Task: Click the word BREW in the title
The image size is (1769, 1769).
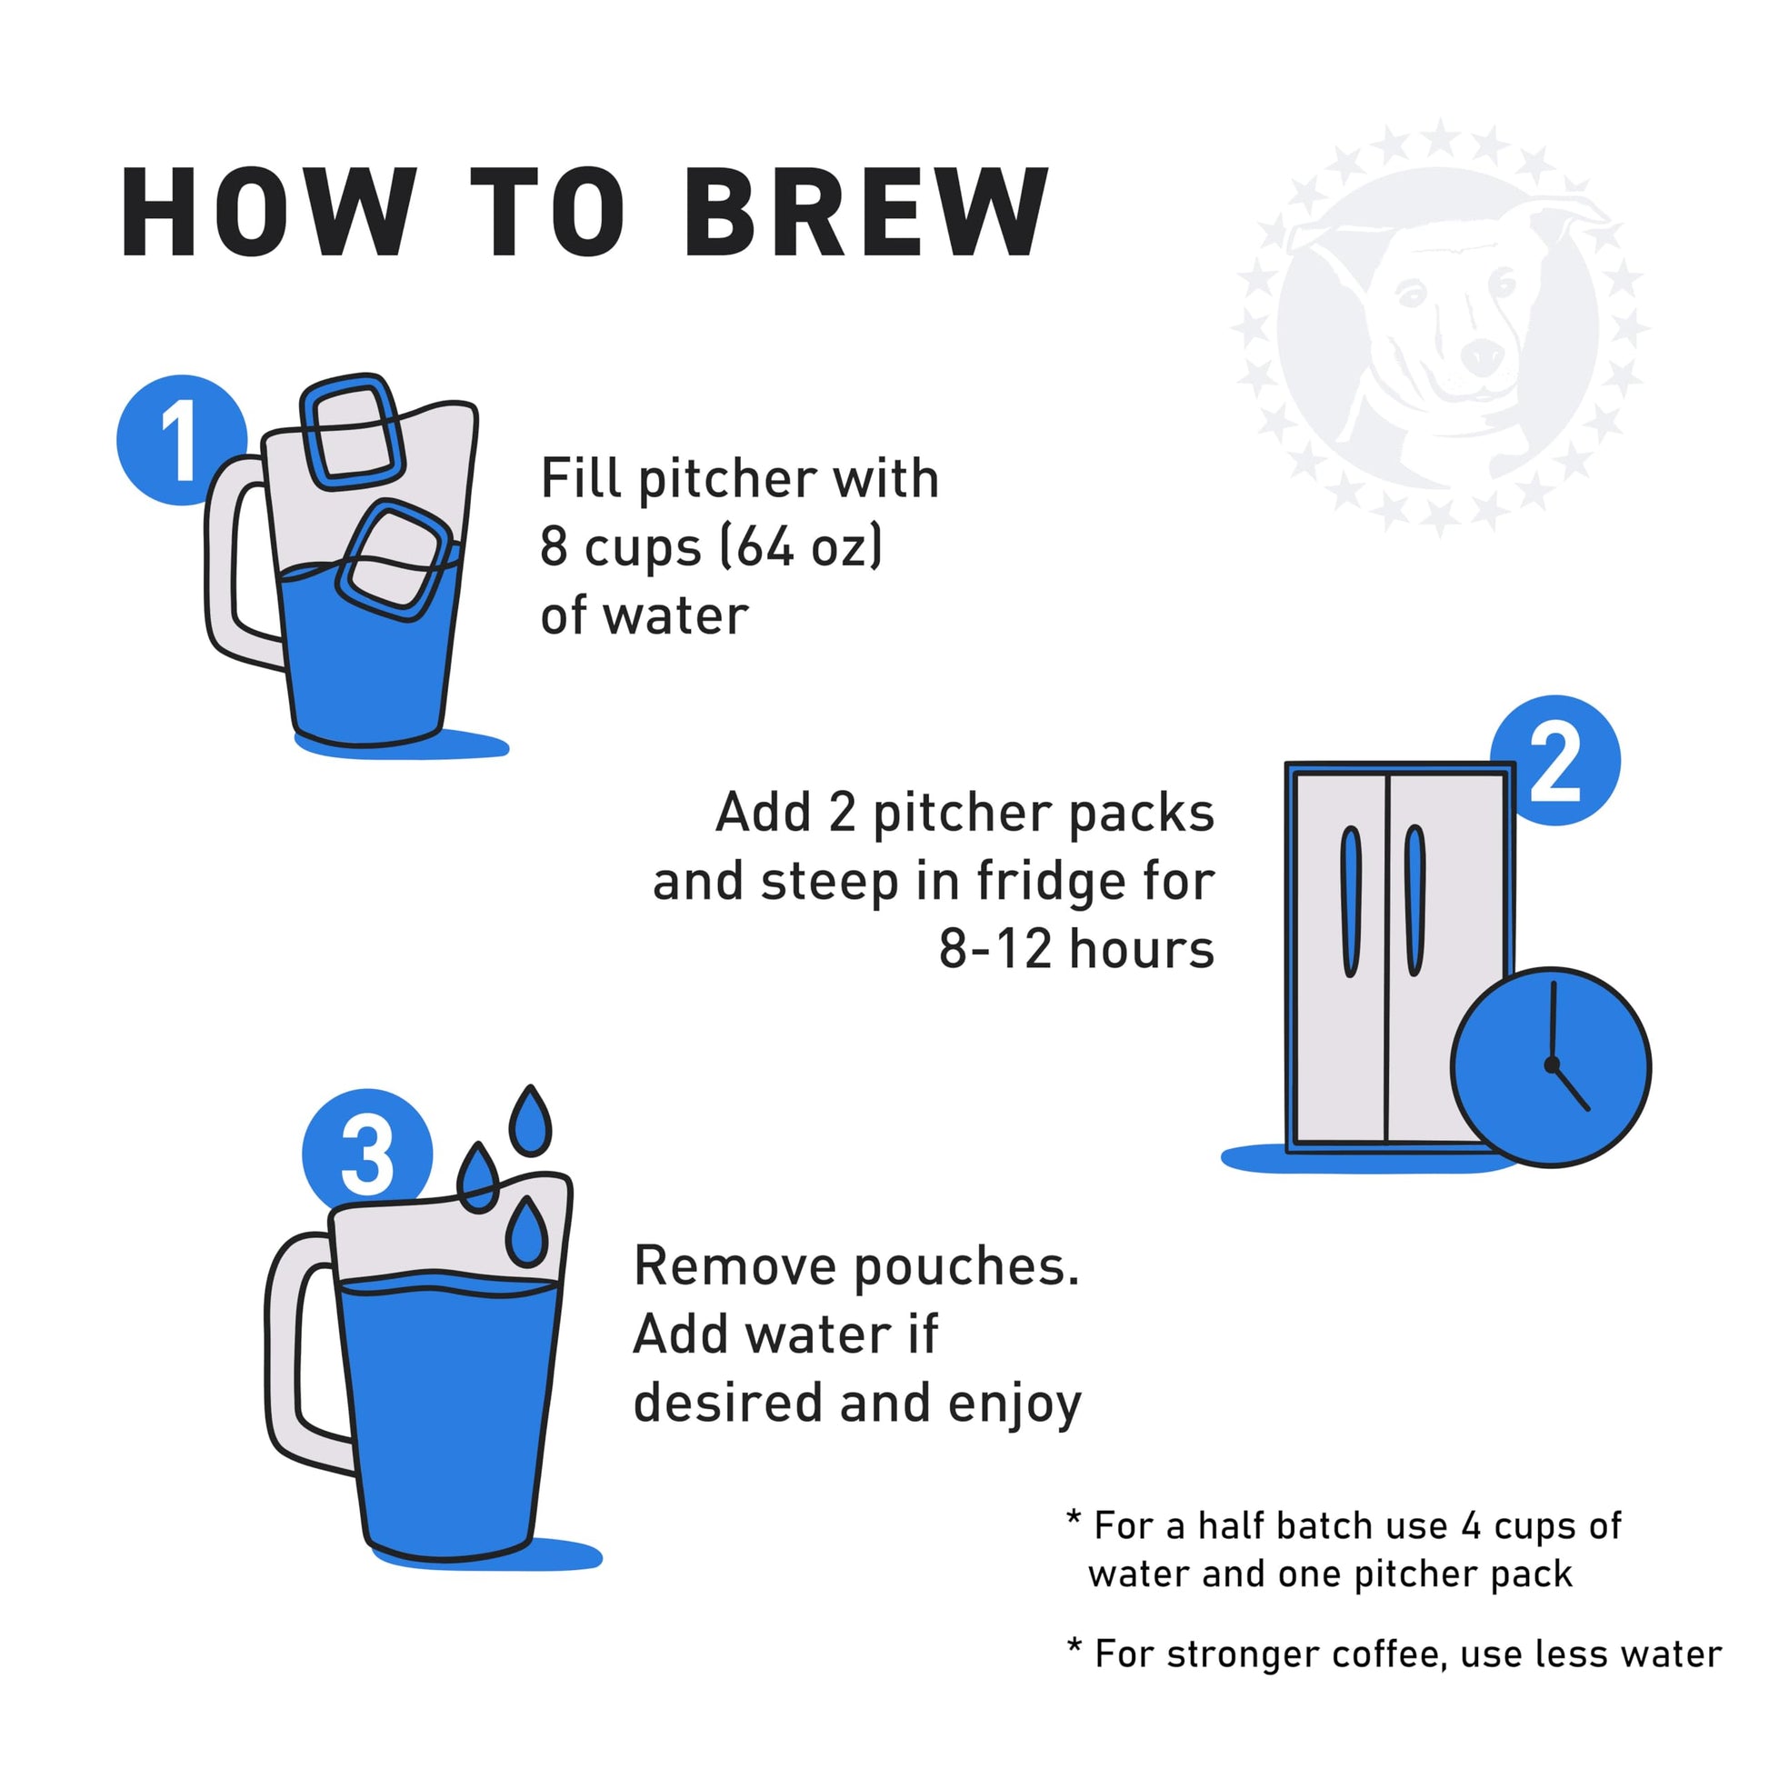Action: (865, 213)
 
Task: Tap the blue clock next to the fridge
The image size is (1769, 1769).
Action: (1550, 1066)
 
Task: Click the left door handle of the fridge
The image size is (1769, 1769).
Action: (1351, 901)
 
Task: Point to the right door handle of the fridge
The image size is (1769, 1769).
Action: (1414, 901)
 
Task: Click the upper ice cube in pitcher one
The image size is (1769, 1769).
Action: (353, 430)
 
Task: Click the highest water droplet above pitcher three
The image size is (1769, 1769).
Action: (529, 1122)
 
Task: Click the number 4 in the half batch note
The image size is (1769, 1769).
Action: (1471, 1526)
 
